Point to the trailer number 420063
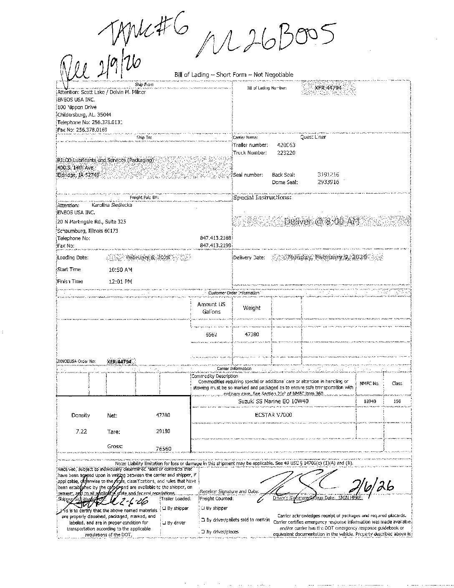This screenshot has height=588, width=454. [286, 145]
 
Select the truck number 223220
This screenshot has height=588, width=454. [286, 153]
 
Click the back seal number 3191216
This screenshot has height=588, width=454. [328, 175]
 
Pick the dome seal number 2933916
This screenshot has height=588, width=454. [328, 182]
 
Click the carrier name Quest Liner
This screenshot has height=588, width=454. [313, 137]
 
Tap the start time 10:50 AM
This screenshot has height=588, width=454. [120, 270]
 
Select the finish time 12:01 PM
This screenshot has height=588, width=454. [120, 282]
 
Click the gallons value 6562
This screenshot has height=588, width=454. [212, 335]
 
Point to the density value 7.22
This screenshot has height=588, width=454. [81, 431]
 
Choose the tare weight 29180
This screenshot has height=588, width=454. [163, 431]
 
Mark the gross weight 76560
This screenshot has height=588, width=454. [163, 449]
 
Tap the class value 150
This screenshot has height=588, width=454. [397, 401]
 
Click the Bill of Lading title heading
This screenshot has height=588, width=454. [234, 75]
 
